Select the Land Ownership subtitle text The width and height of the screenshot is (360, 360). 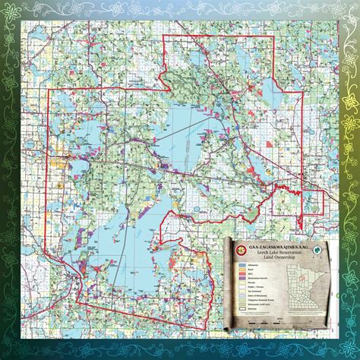[x=279, y=257]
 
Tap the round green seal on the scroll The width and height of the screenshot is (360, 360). [x=317, y=250]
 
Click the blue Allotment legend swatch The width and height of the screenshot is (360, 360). [x=242, y=265]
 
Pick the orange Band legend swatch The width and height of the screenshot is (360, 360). [x=242, y=269]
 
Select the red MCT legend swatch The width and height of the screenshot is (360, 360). [x=242, y=273]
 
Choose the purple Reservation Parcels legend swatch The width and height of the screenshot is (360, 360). [x=242, y=278]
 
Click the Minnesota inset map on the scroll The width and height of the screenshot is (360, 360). [x=304, y=286]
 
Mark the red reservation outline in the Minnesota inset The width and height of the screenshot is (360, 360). [x=302, y=277]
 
